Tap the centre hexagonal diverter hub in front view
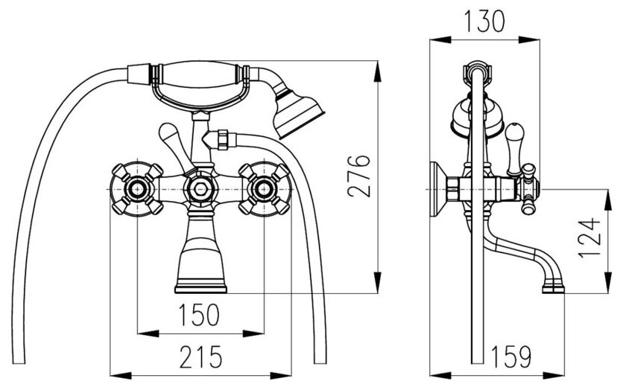200,188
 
